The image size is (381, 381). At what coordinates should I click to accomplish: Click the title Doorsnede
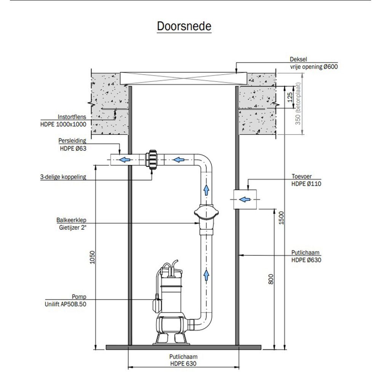click(x=184, y=27)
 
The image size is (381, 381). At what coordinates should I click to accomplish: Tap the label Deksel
click(x=298, y=59)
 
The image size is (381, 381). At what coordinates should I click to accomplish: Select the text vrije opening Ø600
click(x=314, y=66)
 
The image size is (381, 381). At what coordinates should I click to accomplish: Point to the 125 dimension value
click(x=290, y=97)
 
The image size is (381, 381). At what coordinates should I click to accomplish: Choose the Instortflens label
click(x=72, y=117)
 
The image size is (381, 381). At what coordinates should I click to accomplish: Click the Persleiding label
click(x=72, y=140)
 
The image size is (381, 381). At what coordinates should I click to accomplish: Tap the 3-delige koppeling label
click(x=63, y=177)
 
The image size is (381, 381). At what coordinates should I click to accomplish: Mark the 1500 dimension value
click(x=281, y=218)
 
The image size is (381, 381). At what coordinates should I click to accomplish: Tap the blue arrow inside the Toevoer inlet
click(x=243, y=199)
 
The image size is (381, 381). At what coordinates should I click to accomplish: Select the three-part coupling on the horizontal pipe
click(x=152, y=160)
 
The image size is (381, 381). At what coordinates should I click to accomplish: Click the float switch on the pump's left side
click(x=156, y=303)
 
